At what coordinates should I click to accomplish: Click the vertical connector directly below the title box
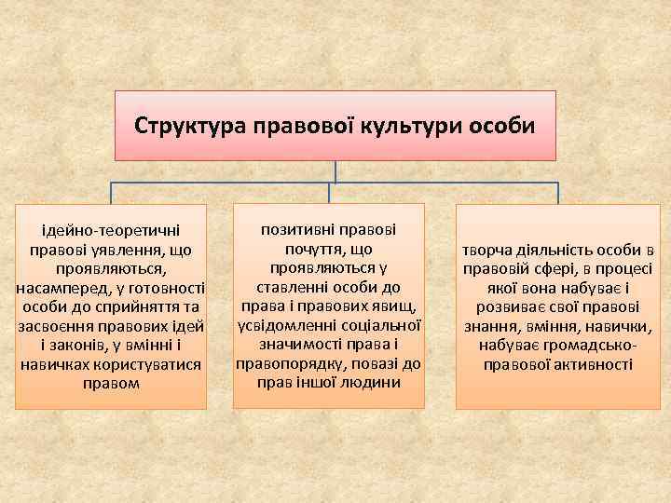335,171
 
